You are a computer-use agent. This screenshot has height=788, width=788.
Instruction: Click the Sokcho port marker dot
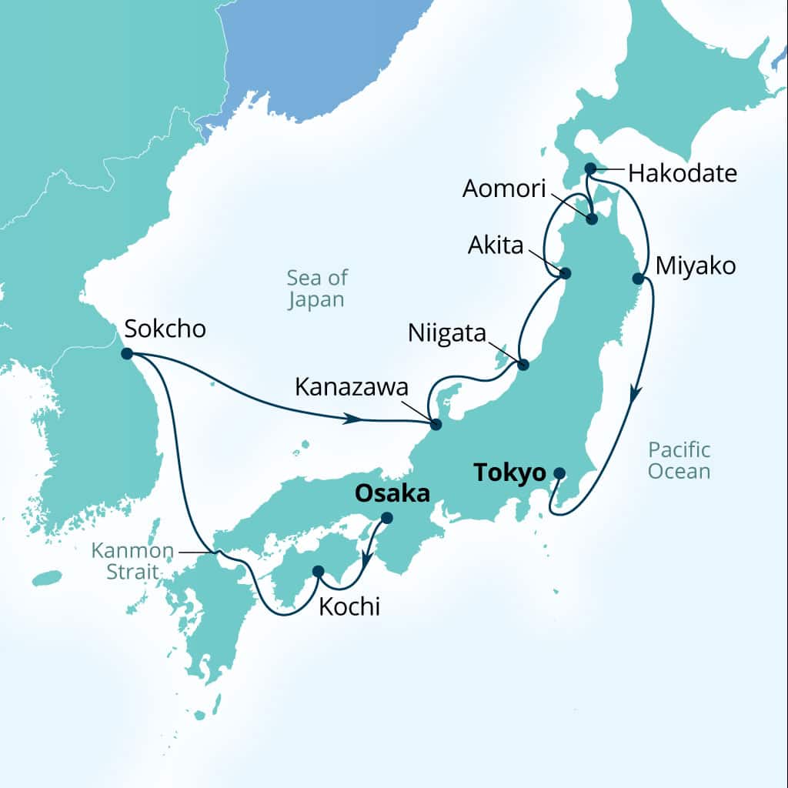[127, 354]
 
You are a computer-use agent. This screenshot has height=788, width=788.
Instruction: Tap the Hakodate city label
[683, 173]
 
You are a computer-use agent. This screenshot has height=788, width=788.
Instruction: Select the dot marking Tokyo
[559, 473]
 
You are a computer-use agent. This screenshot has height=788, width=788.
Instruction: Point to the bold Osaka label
[392, 493]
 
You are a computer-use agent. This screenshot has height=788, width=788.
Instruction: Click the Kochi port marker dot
[318, 571]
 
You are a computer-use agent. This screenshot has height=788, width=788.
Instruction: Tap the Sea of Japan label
[316, 289]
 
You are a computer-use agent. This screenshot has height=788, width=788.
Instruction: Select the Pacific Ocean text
[679, 460]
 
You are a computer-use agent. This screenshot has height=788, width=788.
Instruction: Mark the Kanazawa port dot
[436, 425]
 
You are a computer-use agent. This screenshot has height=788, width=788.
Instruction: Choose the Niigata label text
[447, 334]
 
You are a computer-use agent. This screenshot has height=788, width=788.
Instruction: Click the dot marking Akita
[566, 273]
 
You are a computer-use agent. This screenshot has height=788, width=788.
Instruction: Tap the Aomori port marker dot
[592, 219]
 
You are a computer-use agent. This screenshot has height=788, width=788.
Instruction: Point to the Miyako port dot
[638, 278]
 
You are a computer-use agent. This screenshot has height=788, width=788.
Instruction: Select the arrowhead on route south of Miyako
[635, 395]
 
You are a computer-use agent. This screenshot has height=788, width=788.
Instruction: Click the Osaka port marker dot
[387, 518]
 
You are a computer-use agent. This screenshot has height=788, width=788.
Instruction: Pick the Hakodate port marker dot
[590, 168]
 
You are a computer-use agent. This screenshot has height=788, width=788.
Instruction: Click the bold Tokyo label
[509, 472]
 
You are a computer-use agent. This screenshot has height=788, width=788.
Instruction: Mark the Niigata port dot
[523, 365]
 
